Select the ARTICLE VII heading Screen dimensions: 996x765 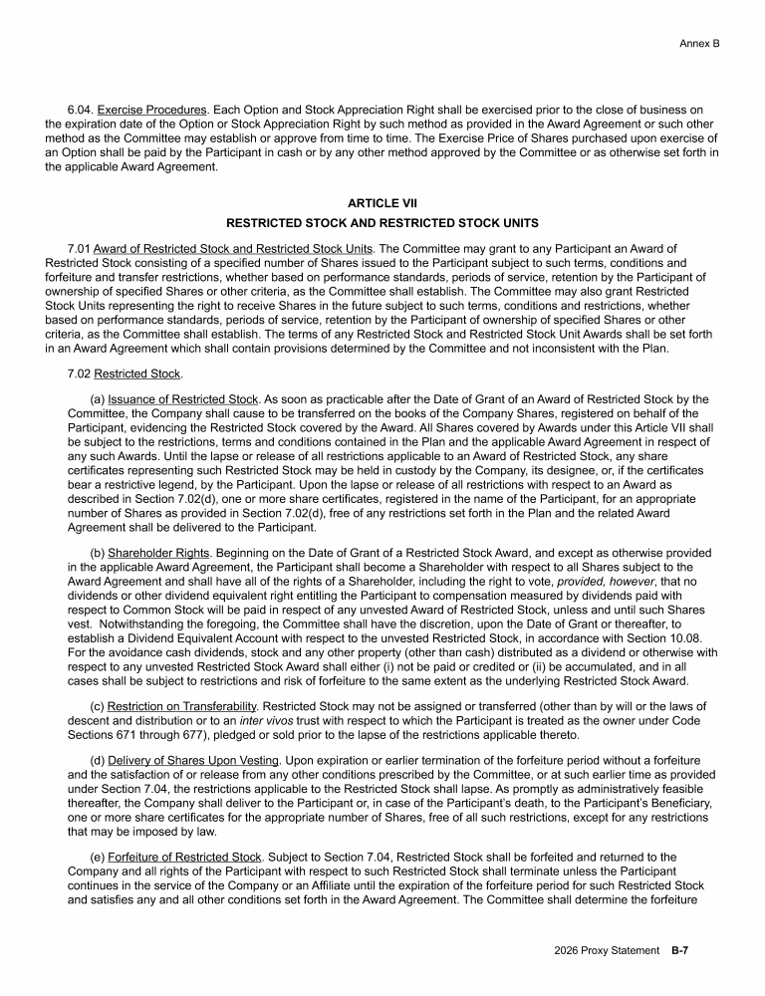click(x=382, y=203)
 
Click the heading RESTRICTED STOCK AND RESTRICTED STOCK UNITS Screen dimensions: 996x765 click(x=382, y=222)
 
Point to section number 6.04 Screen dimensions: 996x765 click(x=80, y=109)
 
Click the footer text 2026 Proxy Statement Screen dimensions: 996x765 click(x=607, y=950)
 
